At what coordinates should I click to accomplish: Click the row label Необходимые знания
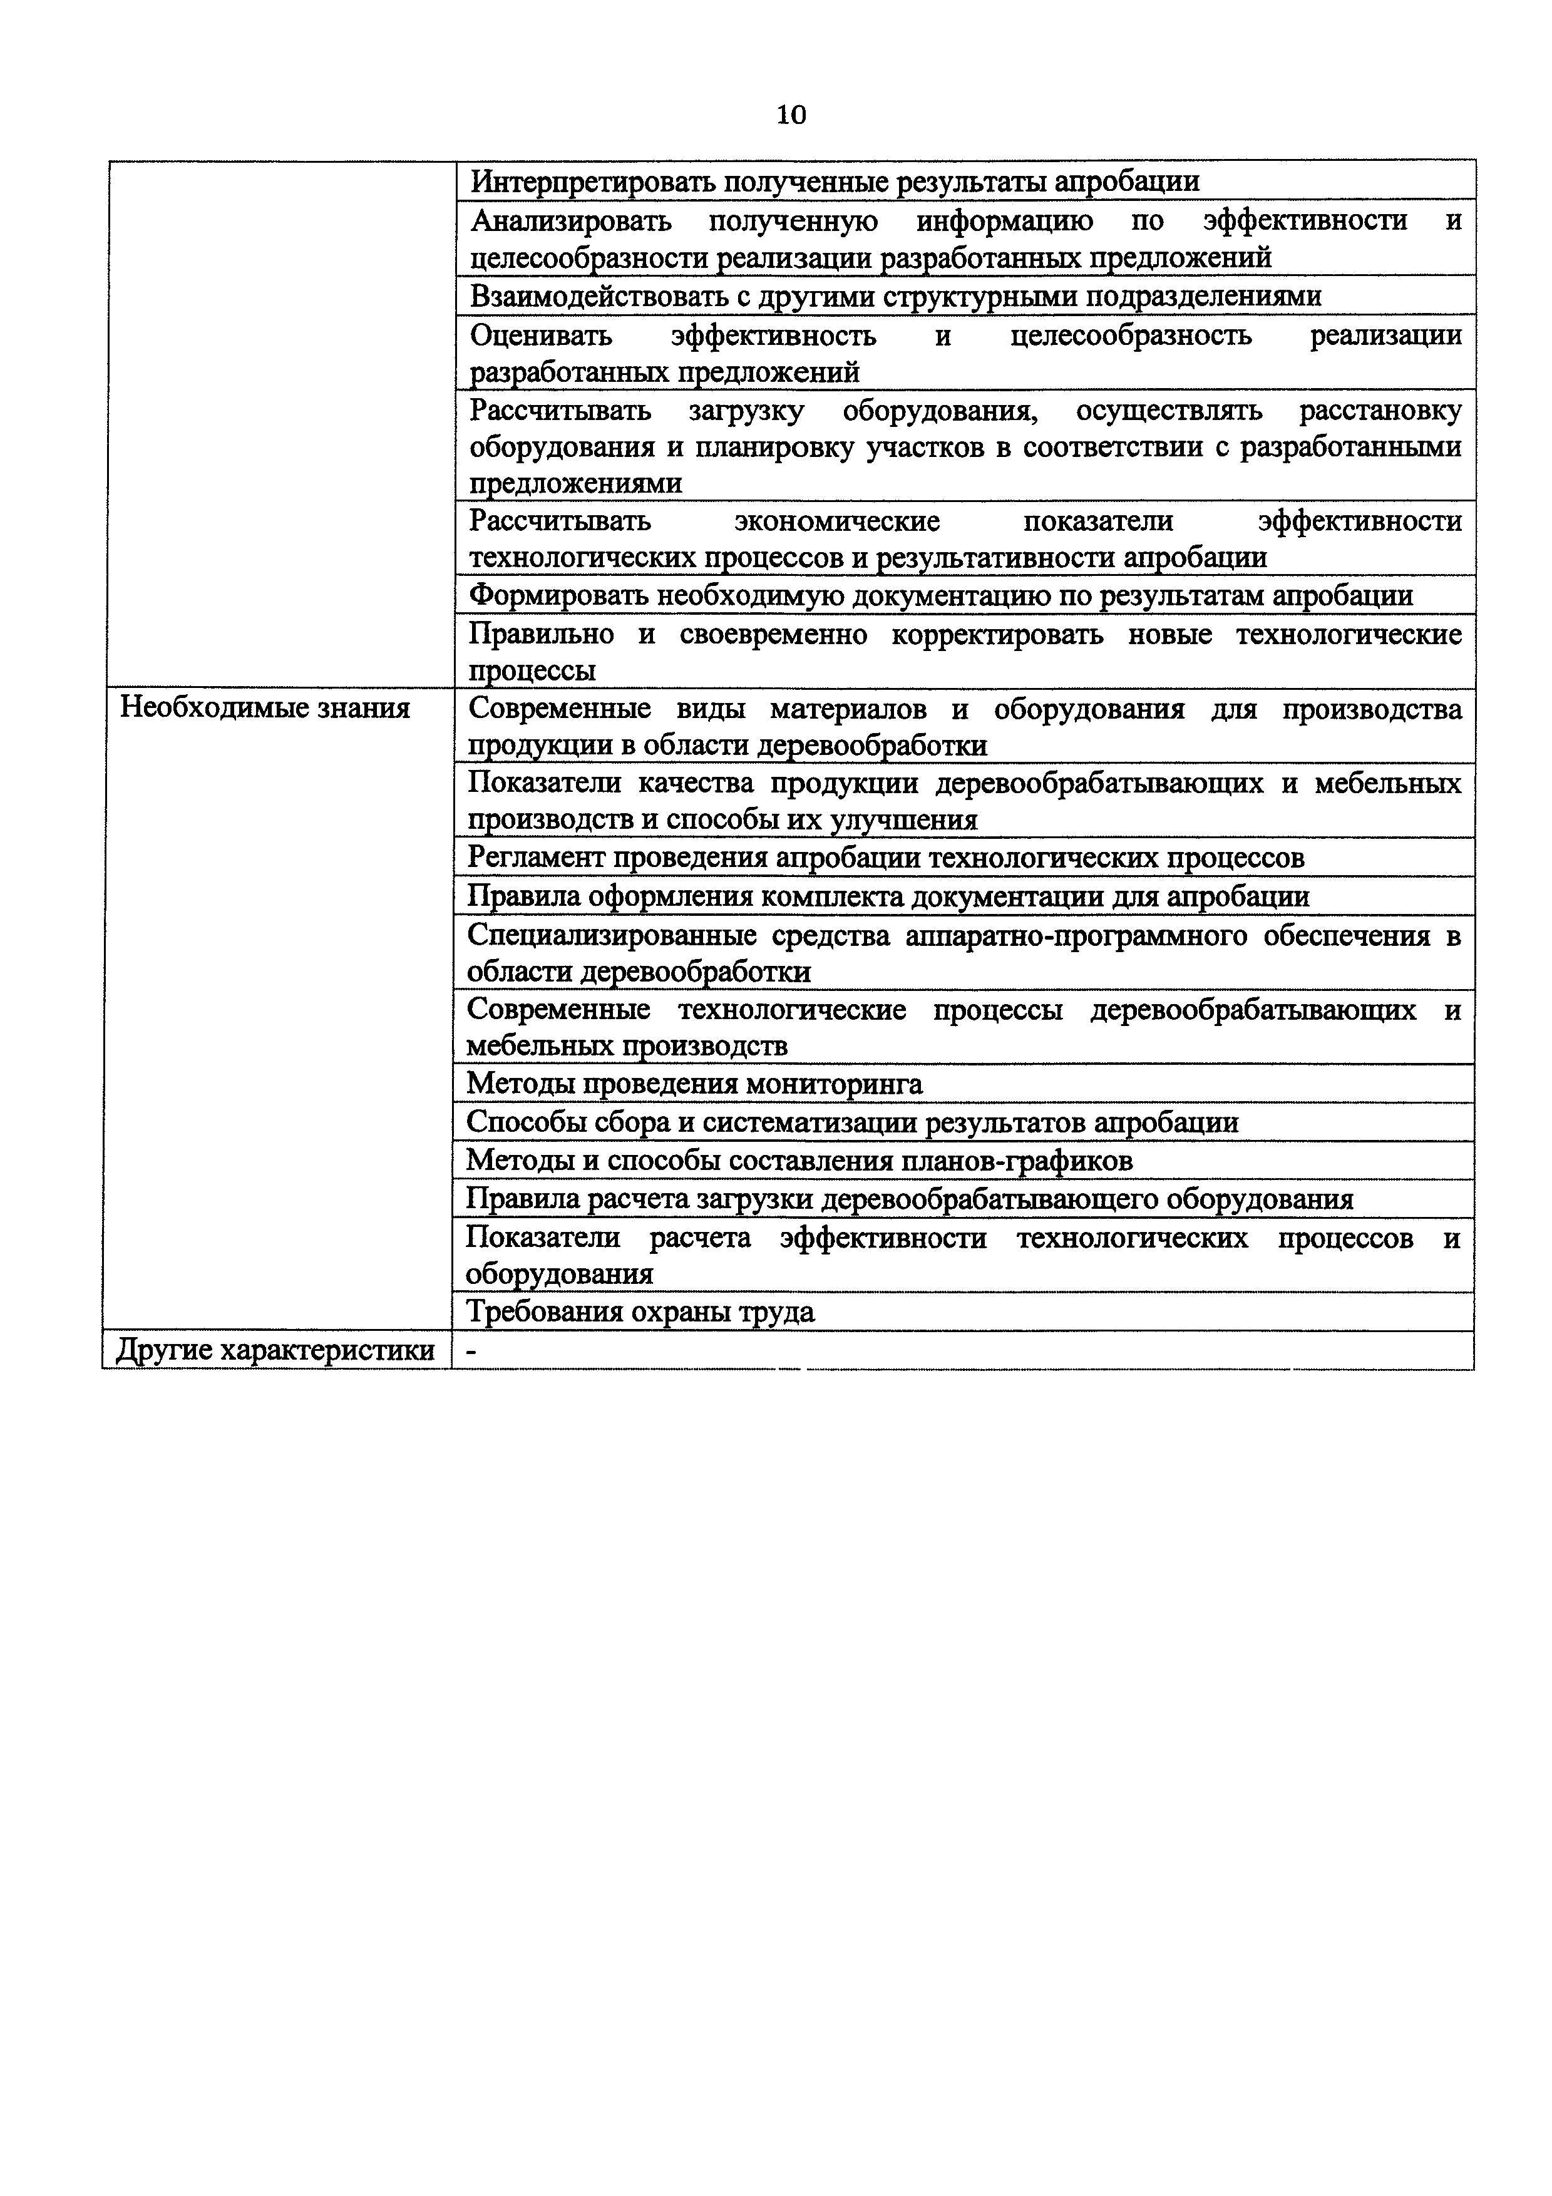[x=265, y=708]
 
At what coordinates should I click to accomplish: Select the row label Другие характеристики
[x=274, y=1350]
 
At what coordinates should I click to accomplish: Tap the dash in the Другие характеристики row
[x=470, y=1350]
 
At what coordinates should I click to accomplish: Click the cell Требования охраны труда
[x=640, y=1311]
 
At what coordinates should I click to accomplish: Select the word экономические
[x=838, y=521]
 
